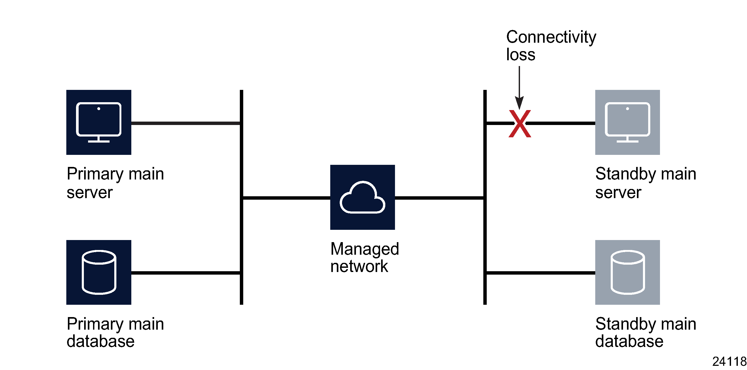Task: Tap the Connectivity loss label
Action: point(551,45)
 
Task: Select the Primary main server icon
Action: point(99,122)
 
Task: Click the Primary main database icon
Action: point(99,272)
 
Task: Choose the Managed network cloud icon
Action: point(362,197)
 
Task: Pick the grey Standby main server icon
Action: point(627,122)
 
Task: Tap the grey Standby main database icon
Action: point(627,272)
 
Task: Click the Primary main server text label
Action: point(115,183)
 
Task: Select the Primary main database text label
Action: point(115,332)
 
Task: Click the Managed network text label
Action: point(364,257)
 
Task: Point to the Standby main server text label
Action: point(646,183)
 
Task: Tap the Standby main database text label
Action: point(646,332)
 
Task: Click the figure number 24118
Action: point(729,362)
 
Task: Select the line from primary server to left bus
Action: point(186,123)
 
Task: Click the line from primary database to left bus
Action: point(186,273)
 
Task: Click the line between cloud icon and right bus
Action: point(439,198)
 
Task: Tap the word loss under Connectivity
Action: point(521,55)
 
